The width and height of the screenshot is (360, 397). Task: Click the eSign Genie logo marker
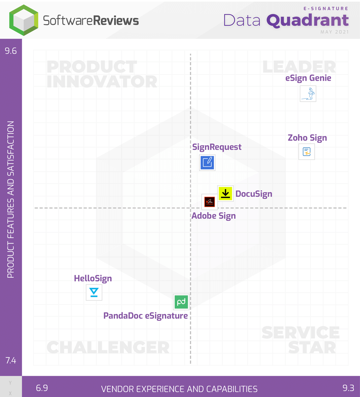coord(308,94)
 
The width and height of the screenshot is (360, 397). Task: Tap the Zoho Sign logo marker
coord(307,152)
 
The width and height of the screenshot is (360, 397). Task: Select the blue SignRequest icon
coord(207,162)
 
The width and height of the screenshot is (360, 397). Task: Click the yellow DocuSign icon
coord(225,193)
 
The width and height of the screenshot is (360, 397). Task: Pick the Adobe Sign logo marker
coord(209,202)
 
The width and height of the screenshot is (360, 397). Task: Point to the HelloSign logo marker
coord(94,292)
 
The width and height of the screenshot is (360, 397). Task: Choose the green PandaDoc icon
coord(181,302)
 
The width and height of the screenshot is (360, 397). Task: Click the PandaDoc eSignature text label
coord(145,316)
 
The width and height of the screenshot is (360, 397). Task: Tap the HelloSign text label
coord(93,278)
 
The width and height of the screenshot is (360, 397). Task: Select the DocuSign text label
coord(254,194)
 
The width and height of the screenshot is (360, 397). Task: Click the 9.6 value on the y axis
coord(11,51)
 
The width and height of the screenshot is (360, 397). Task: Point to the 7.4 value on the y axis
coord(11,360)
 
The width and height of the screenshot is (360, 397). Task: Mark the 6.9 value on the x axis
coord(42,388)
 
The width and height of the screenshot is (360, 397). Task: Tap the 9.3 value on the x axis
coord(348,388)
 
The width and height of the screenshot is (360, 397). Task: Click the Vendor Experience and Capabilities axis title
coord(179,389)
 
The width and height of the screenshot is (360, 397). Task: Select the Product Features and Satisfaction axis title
coord(11,199)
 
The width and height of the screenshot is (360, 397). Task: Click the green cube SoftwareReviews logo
coord(24,20)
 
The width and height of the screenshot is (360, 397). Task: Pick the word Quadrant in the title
coord(308,21)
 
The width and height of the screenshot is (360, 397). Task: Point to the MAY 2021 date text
coord(334,32)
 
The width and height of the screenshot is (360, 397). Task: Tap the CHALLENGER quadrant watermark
coord(108,347)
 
